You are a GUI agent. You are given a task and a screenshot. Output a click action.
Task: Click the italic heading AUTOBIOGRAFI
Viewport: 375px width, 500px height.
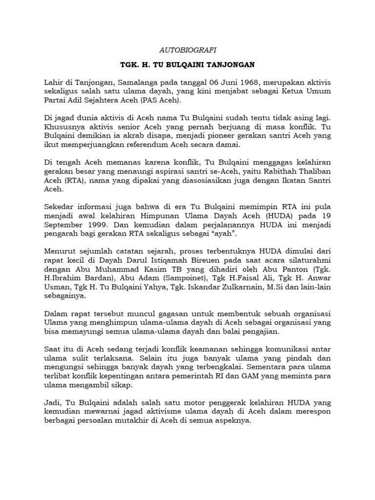(188, 50)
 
